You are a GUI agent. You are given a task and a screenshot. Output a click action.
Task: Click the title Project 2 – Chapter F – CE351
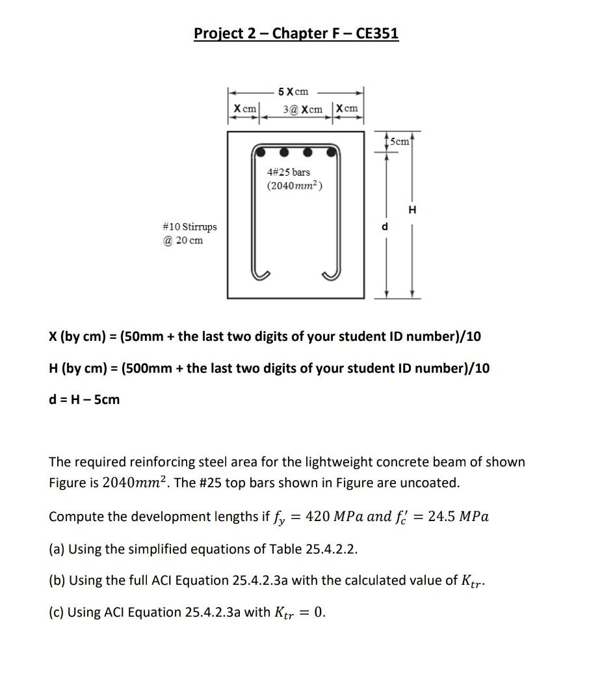296,33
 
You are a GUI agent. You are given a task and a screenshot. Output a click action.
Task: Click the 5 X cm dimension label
293,92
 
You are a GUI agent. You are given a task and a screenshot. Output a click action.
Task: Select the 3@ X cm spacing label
303,109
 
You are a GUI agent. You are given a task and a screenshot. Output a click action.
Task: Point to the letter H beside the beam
412,209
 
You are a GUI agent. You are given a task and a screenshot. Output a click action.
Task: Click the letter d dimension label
385,226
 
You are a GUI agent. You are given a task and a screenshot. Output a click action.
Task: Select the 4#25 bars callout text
289,172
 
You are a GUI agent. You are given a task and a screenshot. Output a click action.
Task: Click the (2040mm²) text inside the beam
294,186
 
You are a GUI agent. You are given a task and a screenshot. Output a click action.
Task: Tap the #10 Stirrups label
190,227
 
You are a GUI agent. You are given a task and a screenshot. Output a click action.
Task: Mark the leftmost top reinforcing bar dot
261,152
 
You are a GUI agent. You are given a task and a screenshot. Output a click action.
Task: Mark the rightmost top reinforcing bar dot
332,152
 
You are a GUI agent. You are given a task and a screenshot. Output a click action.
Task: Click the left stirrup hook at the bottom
262,273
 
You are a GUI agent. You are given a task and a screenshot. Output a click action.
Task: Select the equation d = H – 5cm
85,399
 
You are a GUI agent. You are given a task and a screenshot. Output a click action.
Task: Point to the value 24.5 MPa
458,517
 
